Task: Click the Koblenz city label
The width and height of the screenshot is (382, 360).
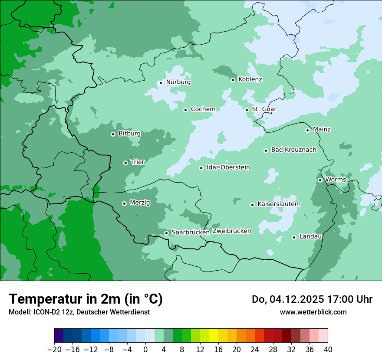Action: pyautogui.click(x=250, y=79)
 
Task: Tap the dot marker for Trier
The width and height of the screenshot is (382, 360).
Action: pyautogui.click(x=125, y=163)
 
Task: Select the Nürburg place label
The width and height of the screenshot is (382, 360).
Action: pyautogui.click(x=178, y=82)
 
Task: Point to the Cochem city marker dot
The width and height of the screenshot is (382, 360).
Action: pyautogui.click(x=185, y=110)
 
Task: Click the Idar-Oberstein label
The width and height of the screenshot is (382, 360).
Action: pyautogui.click(x=228, y=167)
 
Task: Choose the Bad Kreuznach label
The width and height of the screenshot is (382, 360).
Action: pyautogui.click(x=293, y=150)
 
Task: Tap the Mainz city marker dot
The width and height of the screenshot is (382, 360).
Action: pyautogui.click(x=307, y=130)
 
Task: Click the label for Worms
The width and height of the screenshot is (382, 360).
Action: pyautogui.click(x=336, y=180)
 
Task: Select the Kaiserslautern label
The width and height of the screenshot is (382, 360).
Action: pyautogui.click(x=279, y=204)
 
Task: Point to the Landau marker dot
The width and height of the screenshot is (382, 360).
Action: pyautogui.click(x=294, y=237)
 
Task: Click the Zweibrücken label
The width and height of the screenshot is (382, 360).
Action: pyautogui.click(x=231, y=231)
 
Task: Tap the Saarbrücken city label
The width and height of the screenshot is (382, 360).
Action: pyautogui.click(x=191, y=232)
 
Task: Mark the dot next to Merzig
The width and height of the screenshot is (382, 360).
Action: pyautogui.click(x=124, y=203)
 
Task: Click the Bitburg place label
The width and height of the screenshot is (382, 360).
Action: pyautogui.click(x=129, y=134)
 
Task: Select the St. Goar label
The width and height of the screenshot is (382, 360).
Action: pyautogui.click(x=264, y=109)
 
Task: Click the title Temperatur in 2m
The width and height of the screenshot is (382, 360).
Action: pyautogui.click(x=86, y=299)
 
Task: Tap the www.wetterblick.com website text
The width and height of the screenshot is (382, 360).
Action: pyautogui.click(x=313, y=312)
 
